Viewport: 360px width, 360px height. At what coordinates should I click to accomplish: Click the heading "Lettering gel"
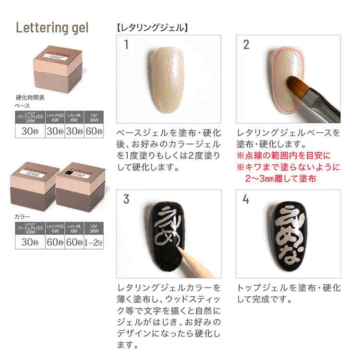[52, 27]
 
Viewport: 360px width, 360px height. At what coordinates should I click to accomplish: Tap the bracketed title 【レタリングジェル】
[152, 28]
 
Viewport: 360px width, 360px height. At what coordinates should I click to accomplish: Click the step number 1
[126, 45]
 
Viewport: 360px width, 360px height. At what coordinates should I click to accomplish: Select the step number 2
[246, 45]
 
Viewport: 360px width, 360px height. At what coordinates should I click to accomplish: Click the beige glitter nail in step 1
[167, 79]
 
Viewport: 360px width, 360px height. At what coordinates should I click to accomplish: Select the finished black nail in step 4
[288, 233]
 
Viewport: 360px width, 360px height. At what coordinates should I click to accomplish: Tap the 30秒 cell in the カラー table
[30, 242]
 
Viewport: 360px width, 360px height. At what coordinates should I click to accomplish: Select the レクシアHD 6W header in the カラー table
[55, 228]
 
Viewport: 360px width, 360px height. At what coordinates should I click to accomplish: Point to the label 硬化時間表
[30, 97]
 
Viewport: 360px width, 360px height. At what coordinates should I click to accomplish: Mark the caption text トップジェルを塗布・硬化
[288, 288]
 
